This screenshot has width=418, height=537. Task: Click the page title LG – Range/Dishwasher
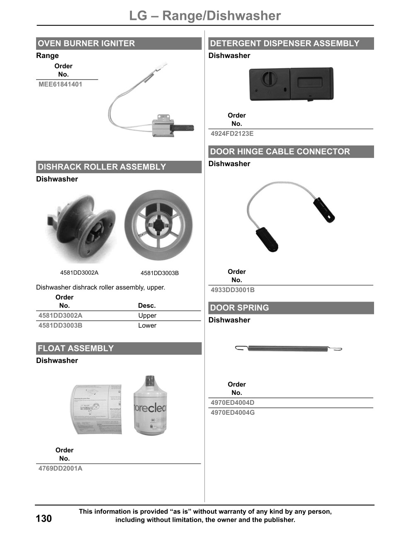[205, 16]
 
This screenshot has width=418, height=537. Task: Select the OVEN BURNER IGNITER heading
[86, 44]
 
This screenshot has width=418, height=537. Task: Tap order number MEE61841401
[60, 85]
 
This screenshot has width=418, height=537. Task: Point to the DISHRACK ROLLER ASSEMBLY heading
[102, 167]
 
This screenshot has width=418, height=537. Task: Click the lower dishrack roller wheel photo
[158, 225]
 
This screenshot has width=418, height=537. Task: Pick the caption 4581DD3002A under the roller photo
[79, 273]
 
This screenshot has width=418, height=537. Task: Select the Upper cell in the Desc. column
[147, 316]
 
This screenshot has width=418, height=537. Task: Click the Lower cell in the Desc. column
[147, 326]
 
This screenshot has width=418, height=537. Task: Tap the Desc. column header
[147, 306]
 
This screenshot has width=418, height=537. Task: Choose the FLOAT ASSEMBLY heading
[75, 348]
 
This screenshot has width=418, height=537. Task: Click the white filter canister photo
[150, 406]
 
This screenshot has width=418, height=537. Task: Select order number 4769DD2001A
[60, 469]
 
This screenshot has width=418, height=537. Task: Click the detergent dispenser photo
[291, 84]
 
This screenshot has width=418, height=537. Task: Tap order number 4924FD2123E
[232, 134]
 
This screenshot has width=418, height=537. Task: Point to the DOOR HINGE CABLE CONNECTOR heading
[280, 152]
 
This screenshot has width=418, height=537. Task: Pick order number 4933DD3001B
[233, 290]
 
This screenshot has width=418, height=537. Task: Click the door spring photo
[288, 348]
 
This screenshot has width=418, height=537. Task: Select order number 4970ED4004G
[233, 413]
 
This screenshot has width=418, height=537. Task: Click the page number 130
[44, 519]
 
